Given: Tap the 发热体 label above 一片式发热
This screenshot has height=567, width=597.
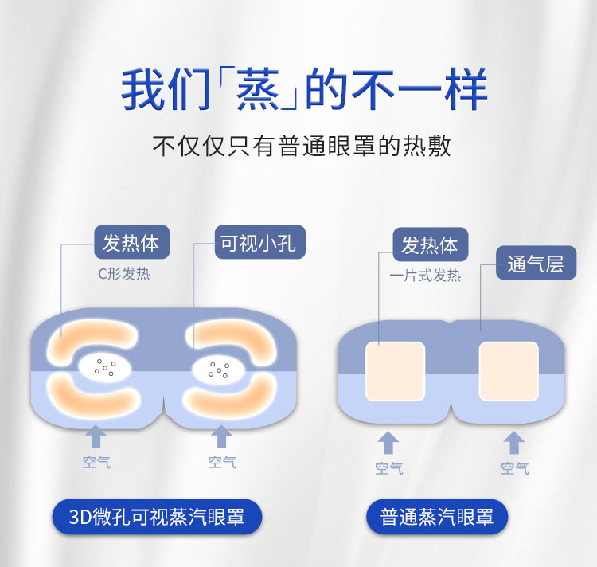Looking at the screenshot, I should (430, 245).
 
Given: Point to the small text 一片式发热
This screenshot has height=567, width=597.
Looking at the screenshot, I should (425, 276).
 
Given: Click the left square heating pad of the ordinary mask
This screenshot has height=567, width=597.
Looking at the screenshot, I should (395, 371).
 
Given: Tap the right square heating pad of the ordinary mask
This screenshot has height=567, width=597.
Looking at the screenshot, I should (509, 371).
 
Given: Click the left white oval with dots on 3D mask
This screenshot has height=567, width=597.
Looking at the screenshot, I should (104, 367).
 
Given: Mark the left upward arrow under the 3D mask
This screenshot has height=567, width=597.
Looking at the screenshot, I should (96, 437).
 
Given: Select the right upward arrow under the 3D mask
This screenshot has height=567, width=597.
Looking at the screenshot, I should (221, 437).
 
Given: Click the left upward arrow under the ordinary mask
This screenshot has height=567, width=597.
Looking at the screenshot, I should (388, 444).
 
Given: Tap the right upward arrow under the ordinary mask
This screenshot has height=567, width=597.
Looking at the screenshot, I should (514, 444).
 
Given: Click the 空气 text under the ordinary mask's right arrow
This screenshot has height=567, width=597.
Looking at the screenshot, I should (514, 468).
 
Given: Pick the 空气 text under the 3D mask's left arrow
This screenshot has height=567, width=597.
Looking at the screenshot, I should (96, 462).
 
